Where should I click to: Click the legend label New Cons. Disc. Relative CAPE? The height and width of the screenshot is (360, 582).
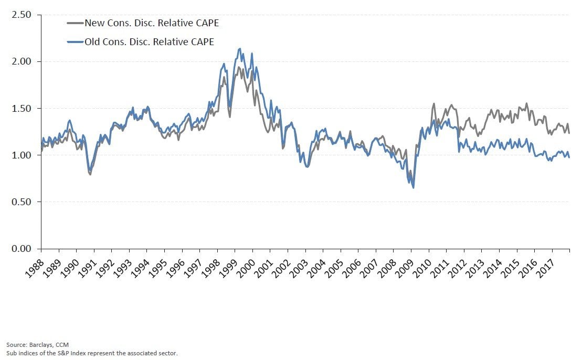click(x=152, y=23)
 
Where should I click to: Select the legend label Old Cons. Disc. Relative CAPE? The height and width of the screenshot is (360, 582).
click(x=150, y=42)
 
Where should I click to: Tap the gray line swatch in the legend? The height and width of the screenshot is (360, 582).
click(x=75, y=23)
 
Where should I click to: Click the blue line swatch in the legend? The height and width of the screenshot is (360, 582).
click(x=75, y=42)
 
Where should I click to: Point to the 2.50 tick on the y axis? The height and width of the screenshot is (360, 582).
click(x=23, y=15)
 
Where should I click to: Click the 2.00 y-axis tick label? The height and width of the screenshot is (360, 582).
click(x=23, y=61)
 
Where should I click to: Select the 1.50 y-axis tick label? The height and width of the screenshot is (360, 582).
click(x=23, y=108)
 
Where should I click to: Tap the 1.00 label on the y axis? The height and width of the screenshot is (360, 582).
click(x=23, y=155)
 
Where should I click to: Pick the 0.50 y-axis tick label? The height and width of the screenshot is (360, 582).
click(x=23, y=202)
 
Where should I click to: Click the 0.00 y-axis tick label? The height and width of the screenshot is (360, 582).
click(x=23, y=248)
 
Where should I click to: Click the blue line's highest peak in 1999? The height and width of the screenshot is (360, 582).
click(x=240, y=49)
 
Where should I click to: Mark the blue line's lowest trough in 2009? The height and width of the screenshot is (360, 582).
click(x=414, y=187)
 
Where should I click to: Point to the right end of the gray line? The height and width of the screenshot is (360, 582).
click(x=569, y=133)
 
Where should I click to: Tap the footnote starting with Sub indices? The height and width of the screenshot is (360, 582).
click(x=92, y=353)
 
